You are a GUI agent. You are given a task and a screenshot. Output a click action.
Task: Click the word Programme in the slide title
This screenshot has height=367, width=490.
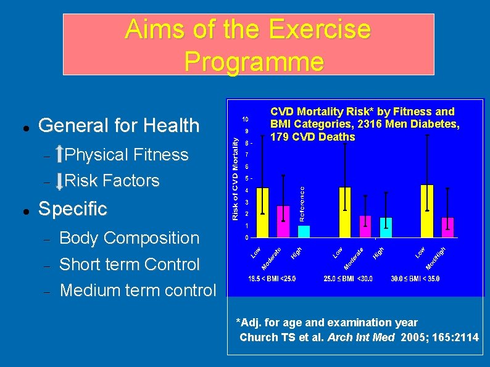click(x=254, y=61)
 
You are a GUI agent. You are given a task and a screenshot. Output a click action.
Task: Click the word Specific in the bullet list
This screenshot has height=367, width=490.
click(x=73, y=208)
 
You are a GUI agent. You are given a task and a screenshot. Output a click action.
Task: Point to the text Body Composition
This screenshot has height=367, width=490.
click(x=129, y=238)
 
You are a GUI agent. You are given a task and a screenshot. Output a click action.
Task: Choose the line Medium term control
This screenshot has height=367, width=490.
click(x=138, y=289)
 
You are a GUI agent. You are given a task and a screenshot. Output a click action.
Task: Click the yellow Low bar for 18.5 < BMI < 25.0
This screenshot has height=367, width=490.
click(x=262, y=213)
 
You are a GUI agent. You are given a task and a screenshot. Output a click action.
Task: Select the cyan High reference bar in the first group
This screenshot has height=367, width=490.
click(x=303, y=231)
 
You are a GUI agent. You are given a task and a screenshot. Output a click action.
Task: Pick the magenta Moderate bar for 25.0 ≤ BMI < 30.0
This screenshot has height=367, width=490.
click(x=365, y=226)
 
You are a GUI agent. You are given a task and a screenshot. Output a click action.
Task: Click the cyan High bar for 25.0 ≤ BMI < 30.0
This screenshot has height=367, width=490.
click(x=386, y=228)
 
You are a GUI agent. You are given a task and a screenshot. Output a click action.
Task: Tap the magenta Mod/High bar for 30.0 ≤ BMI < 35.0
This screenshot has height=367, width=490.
click(x=447, y=227)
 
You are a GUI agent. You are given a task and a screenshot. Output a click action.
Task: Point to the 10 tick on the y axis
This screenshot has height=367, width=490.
click(x=245, y=118)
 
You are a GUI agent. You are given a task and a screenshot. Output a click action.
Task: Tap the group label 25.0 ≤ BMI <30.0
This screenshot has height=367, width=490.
click(x=349, y=279)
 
